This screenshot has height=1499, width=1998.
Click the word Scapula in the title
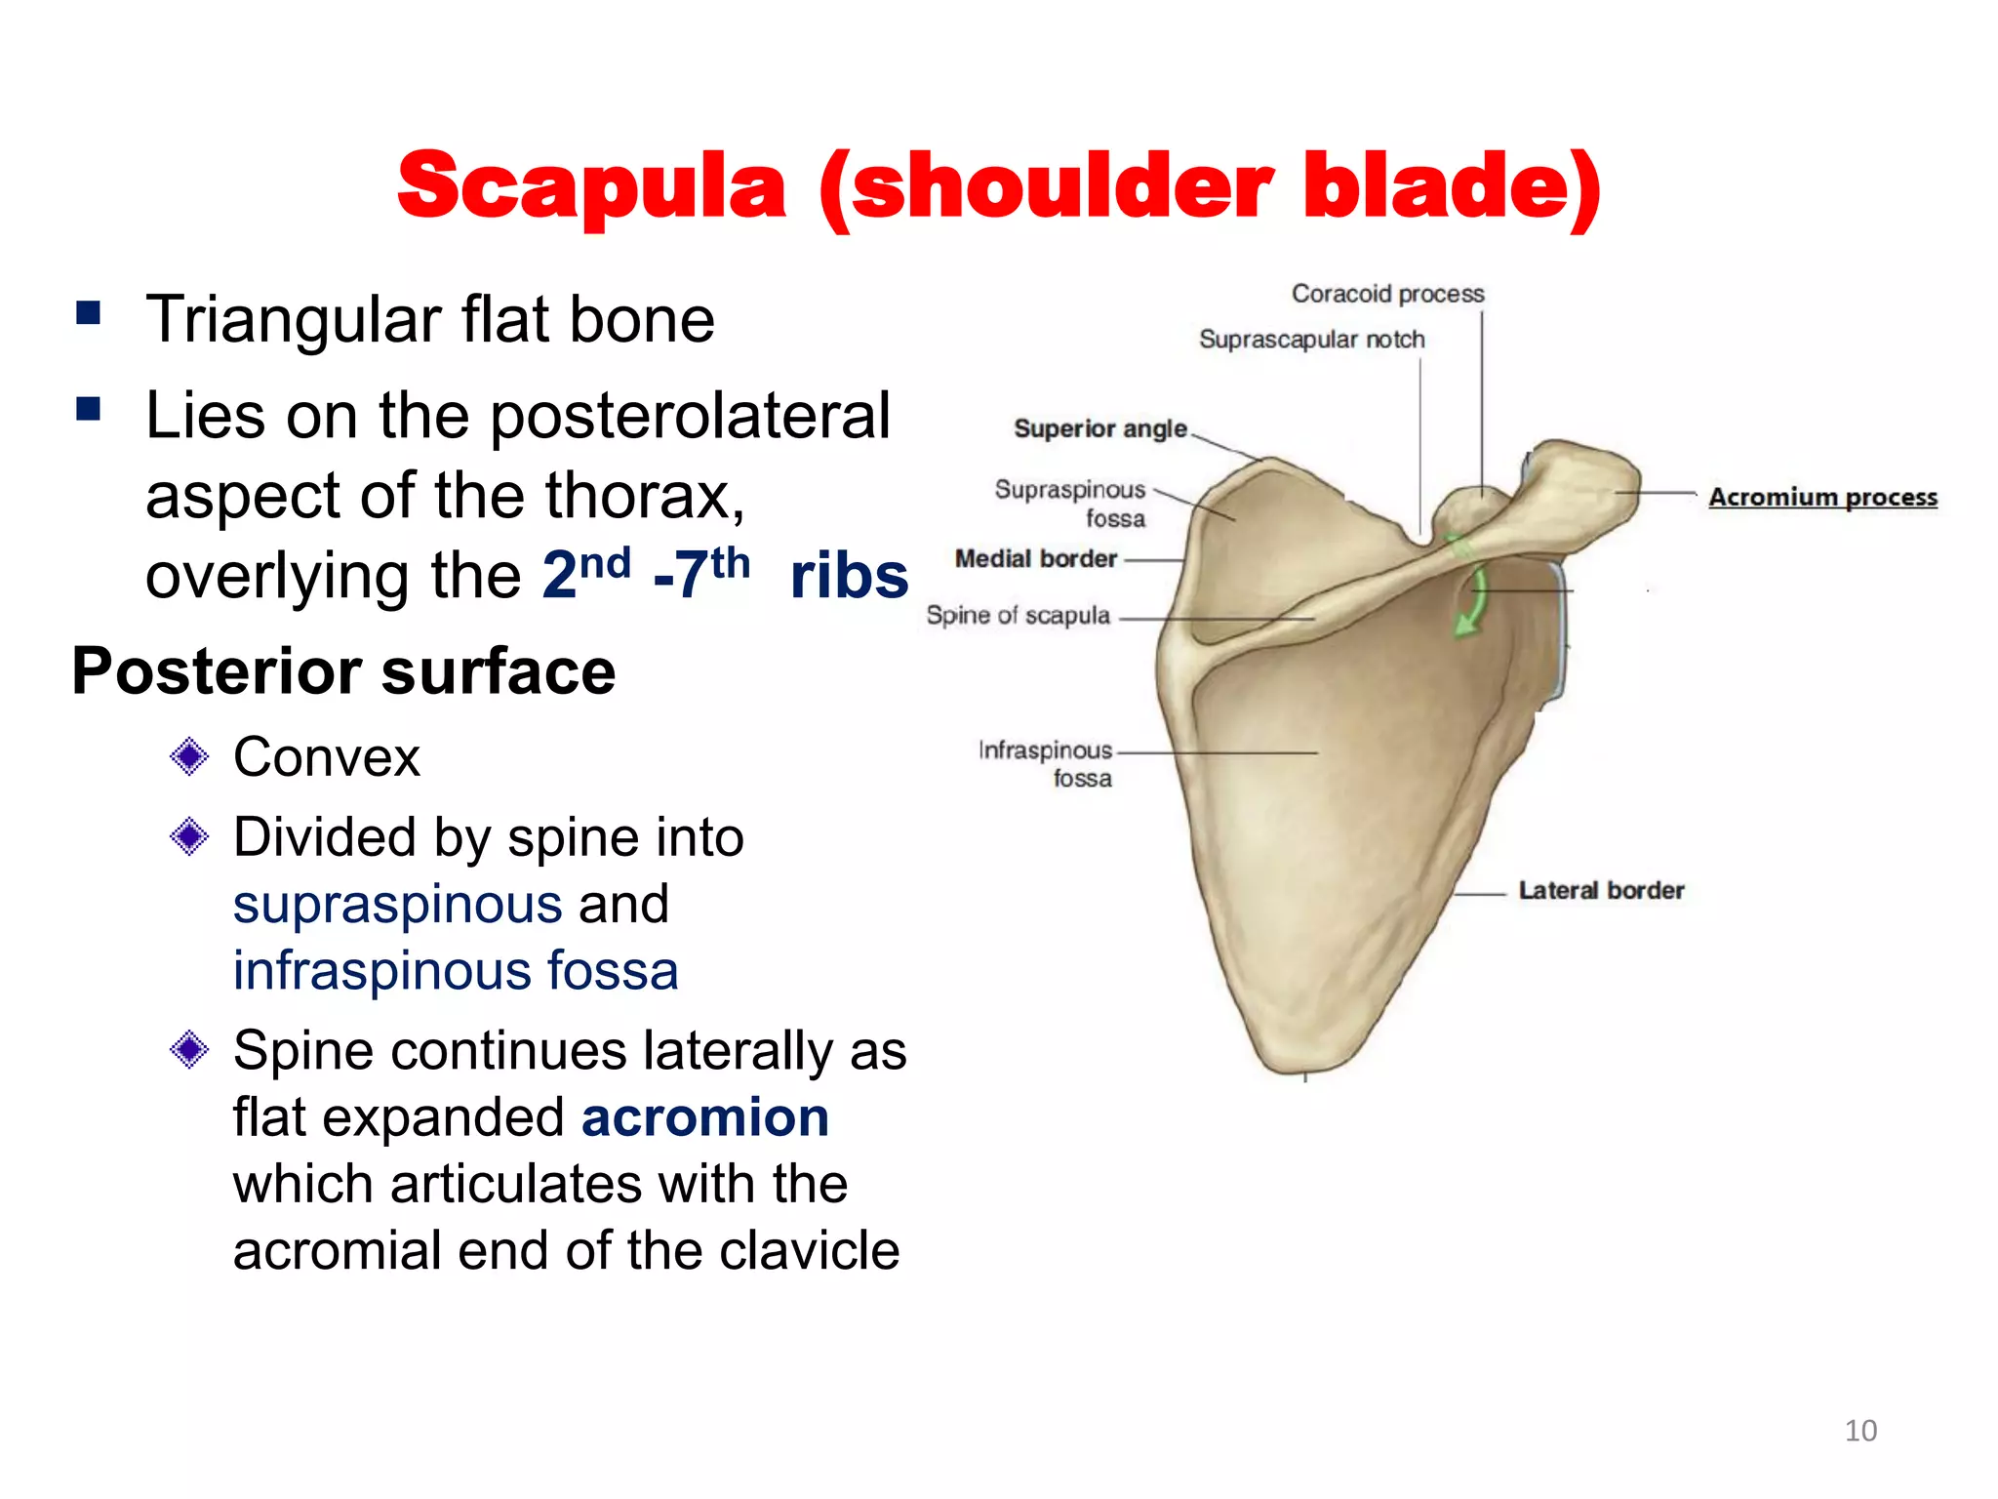coord(591,187)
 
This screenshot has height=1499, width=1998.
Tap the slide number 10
coord(1860,1430)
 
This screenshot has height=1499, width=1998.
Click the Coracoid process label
coord(1387,294)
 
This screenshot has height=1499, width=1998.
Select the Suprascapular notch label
coord(1311,340)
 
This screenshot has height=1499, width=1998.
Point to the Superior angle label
coord(1100,428)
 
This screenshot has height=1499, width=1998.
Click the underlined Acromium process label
coord(1822,497)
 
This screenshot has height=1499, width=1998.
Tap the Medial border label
coord(1035,558)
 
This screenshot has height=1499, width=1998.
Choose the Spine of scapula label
coord(1018,616)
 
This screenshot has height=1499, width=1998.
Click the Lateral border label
coord(1601,890)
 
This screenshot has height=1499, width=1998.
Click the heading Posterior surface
coord(343,671)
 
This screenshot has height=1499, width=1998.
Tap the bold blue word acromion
coord(704,1116)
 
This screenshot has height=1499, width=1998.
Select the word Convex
coord(326,757)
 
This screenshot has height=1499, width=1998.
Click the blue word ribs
coord(849,576)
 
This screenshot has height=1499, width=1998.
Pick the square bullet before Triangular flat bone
coord(89,313)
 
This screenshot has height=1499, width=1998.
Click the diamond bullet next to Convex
coord(189,756)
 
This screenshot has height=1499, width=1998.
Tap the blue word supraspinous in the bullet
coord(397,904)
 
